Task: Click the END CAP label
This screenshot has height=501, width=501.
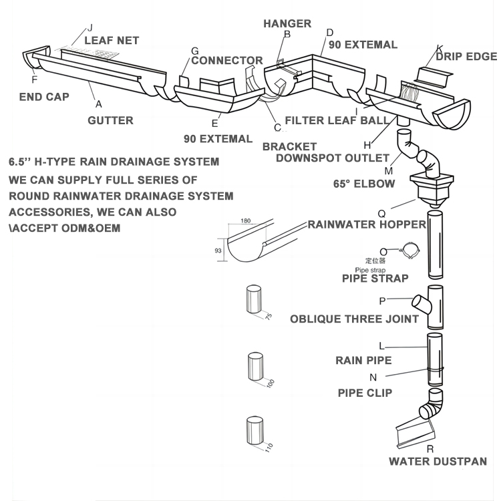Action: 44,97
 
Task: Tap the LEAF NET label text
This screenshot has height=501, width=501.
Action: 112,40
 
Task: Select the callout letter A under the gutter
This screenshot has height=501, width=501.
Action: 99,104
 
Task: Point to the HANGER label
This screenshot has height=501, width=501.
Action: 287,23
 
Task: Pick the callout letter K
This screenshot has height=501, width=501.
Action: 440,47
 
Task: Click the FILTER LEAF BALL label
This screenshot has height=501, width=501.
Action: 336,121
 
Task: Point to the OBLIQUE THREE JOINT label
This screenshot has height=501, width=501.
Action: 354,319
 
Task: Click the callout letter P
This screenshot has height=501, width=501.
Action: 383,301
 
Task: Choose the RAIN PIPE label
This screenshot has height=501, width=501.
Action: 363,361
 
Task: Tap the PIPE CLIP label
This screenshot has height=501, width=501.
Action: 365,393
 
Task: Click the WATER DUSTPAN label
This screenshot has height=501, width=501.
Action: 438,461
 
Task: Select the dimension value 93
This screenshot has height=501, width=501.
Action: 218,250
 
